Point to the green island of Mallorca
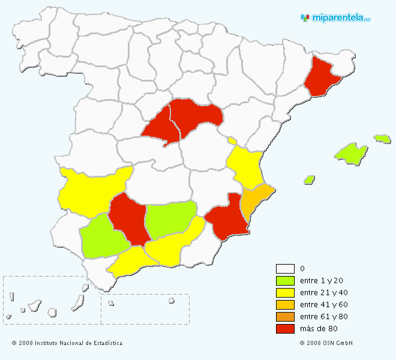[x=351, y=153]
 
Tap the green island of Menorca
[x=382, y=139]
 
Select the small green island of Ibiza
[x=310, y=179]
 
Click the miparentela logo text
[x=340, y=17]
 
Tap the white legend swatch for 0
[x=285, y=269]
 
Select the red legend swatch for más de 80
[x=285, y=329]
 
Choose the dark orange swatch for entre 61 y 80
[x=285, y=317]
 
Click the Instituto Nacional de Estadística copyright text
[x=67, y=343]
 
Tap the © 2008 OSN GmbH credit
[x=326, y=343]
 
